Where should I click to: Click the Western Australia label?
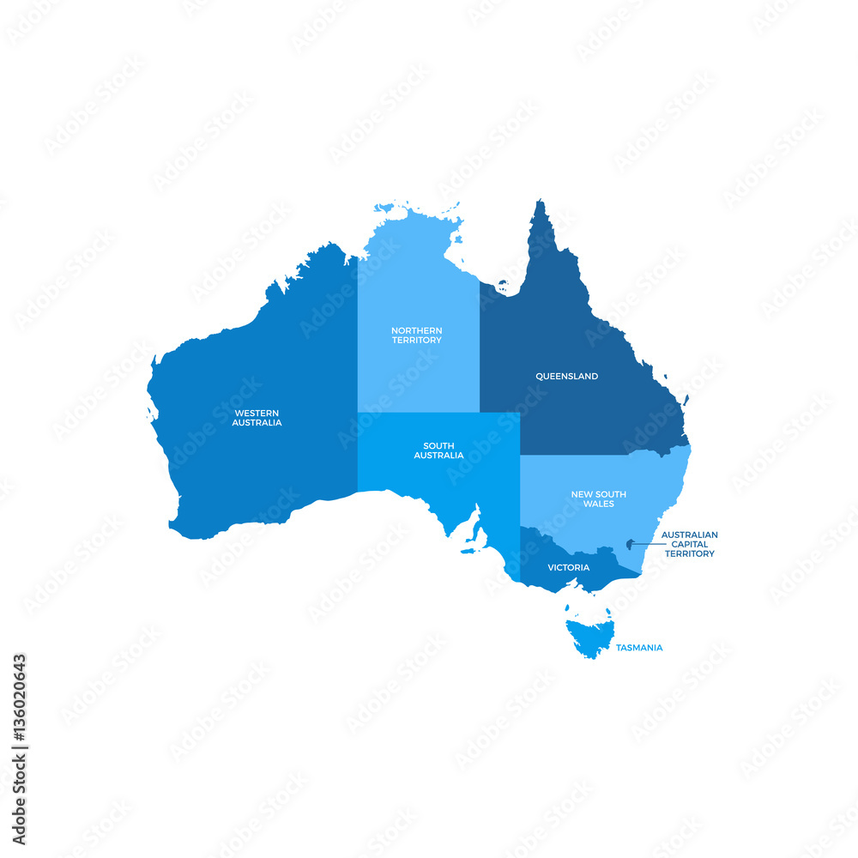tap(257, 418)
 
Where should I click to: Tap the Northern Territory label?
tap(416, 335)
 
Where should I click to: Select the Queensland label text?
tap(566, 377)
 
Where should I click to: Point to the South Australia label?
tap(438, 450)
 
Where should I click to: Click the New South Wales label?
tap(598, 499)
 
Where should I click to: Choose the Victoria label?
tap(568, 568)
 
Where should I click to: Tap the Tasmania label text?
tap(638, 648)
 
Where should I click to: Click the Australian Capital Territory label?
tap(689, 544)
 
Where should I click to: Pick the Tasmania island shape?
tap(589, 636)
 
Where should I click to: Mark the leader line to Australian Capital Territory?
tap(645, 544)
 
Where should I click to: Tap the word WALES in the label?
tap(599, 505)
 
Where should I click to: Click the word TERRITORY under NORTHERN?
tap(416, 341)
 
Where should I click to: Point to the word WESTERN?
tap(257, 413)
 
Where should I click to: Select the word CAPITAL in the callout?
tap(689, 544)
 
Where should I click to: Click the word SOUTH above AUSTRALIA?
tap(438, 445)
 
